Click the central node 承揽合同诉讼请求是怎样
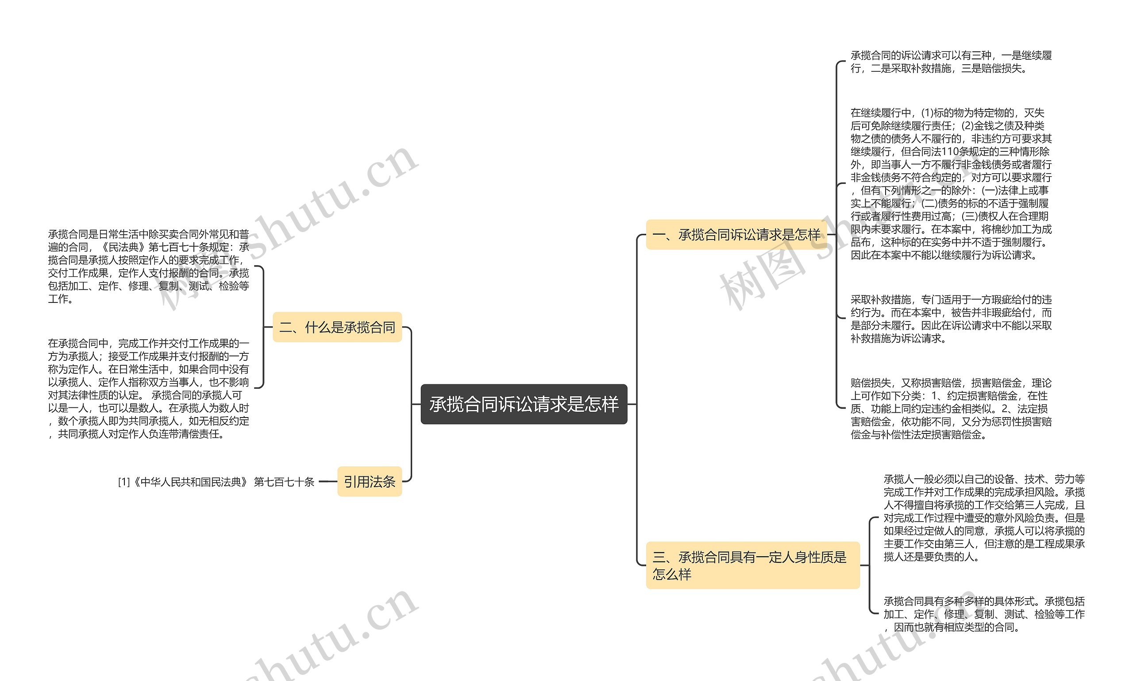[x=524, y=404]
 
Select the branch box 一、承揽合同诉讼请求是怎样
[x=736, y=235]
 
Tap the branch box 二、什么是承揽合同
[x=337, y=327]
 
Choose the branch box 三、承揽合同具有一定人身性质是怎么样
[x=752, y=565]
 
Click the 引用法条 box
[x=369, y=481]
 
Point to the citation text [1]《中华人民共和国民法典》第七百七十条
[x=216, y=482]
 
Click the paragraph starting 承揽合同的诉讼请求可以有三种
[x=950, y=62]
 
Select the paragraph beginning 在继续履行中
[x=950, y=184]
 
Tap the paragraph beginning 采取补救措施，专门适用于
[x=950, y=319]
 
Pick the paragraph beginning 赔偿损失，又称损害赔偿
[x=950, y=408]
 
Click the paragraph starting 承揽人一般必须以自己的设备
[x=983, y=518]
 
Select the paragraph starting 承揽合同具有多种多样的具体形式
[x=983, y=614]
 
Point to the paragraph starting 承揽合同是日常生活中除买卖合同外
[x=148, y=266]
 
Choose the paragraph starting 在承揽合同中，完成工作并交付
[x=148, y=388]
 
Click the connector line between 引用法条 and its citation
[x=328, y=482]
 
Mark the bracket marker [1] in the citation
[x=124, y=482]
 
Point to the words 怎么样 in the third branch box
[x=672, y=574]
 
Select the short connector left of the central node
[x=416, y=404]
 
